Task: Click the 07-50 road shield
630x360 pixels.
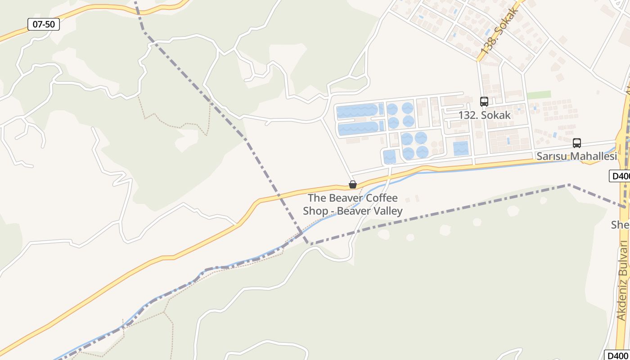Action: click(x=44, y=24)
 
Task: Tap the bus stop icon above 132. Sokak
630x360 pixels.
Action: click(x=484, y=102)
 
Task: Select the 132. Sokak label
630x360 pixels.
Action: click(x=484, y=115)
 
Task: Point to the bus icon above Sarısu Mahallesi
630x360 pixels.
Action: click(x=577, y=143)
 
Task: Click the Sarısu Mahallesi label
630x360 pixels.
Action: click(x=576, y=157)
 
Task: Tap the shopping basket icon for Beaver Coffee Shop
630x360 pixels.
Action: click(x=353, y=184)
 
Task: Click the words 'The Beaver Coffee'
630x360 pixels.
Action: click(x=352, y=198)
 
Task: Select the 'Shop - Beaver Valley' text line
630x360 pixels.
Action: click(x=352, y=211)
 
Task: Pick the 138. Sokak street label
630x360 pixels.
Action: click(x=500, y=31)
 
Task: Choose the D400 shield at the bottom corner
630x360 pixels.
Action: click(x=616, y=355)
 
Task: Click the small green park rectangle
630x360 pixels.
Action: click(x=539, y=95)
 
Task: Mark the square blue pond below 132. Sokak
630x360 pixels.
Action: click(x=461, y=148)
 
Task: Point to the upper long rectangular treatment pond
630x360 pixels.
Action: click(x=358, y=110)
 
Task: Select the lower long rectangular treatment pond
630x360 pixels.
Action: click(x=358, y=128)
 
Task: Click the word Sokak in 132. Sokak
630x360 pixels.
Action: click(x=496, y=115)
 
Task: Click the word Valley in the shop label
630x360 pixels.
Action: click(x=385, y=211)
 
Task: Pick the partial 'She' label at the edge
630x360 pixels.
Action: click(x=620, y=225)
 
